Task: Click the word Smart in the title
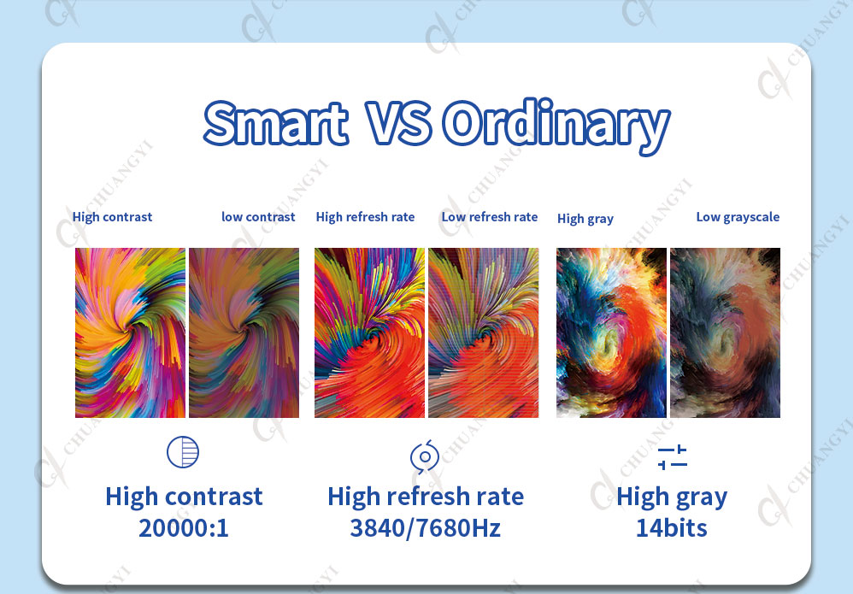(x=276, y=123)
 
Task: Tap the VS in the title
(x=399, y=123)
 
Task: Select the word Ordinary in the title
(x=556, y=126)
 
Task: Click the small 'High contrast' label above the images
(x=112, y=217)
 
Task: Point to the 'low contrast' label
(x=258, y=217)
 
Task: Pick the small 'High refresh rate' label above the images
(x=365, y=217)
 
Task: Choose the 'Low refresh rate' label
(x=490, y=217)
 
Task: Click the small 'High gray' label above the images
(x=585, y=219)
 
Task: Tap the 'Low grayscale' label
(x=738, y=217)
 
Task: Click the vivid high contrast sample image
(x=130, y=333)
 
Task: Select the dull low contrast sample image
(x=244, y=333)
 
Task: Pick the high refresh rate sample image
(x=369, y=333)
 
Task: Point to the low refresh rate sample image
(x=484, y=333)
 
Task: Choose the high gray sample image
(x=611, y=333)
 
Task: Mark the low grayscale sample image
(x=725, y=333)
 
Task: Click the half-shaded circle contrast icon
(x=183, y=451)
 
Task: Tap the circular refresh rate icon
(x=425, y=456)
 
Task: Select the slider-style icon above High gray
(x=673, y=457)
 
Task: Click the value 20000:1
(x=184, y=528)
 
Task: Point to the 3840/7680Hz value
(x=426, y=528)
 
